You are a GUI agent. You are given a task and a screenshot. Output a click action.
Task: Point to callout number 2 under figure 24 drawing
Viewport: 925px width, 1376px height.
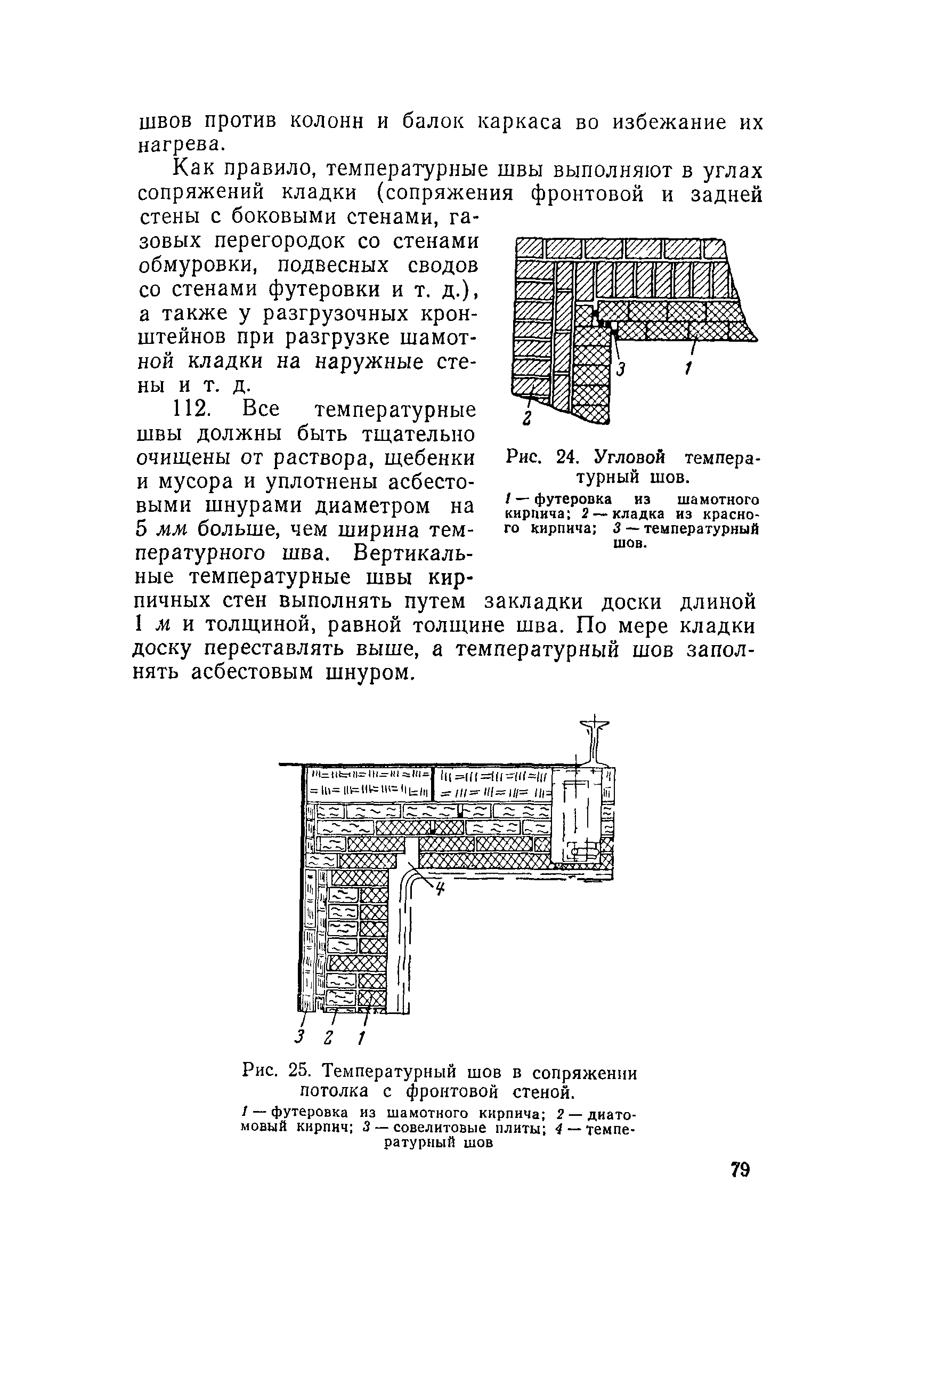(x=528, y=417)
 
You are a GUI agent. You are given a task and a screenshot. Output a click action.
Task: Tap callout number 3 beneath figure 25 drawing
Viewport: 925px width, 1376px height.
(x=299, y=1036)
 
